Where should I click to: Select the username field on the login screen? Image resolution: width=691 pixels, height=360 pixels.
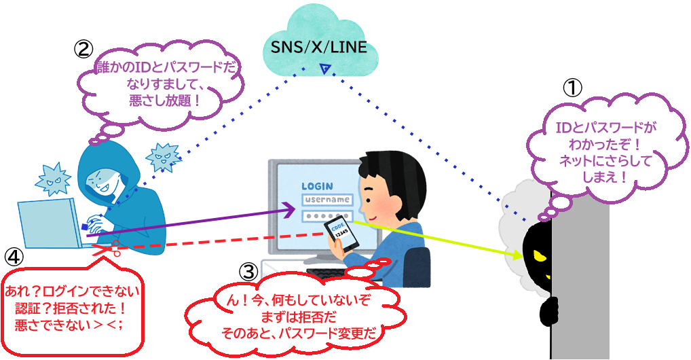pos(328,200)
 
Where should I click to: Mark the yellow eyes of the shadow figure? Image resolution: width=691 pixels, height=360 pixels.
pos(541,255)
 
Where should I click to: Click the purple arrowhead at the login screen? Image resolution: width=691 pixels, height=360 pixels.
pos(288,212)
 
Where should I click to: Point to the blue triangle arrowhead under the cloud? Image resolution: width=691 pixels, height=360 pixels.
pos(326,67)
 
